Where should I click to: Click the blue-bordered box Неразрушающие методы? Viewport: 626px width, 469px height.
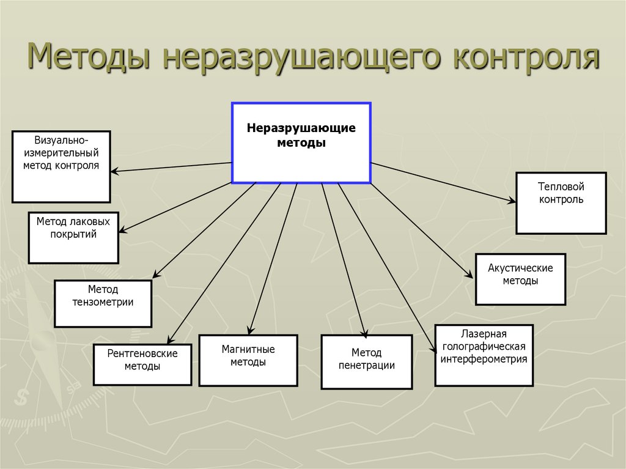tap(301, 143)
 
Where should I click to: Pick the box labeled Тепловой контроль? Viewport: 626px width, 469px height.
tap(561, 203)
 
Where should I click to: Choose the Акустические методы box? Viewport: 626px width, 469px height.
tap(520, 279)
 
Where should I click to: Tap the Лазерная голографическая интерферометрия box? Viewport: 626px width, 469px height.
tap(484, 355)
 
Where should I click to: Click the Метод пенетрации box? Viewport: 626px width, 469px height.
tap(366, 362)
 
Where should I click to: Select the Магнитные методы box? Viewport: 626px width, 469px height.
tap(248, 360)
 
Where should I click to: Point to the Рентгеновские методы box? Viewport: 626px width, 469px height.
tap(142, 364)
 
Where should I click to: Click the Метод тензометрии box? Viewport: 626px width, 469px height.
tap(103, 303)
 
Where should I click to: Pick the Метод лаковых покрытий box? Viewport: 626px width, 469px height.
tap(73, 237)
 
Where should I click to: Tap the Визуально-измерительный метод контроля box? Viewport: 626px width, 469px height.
tap(61, 166)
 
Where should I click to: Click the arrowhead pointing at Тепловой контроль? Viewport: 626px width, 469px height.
tap(512, 200)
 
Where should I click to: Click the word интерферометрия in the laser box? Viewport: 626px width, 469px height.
tap(484, 360)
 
